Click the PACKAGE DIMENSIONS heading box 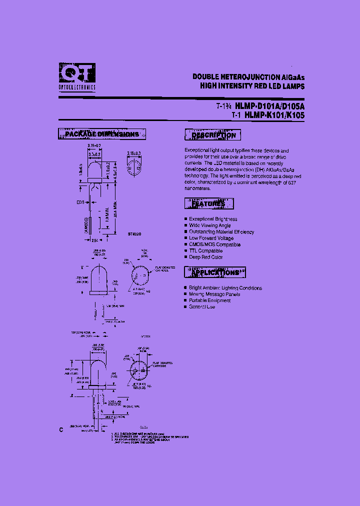[x=102, y=134]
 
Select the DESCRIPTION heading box [x=213, y=135]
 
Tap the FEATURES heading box [x=208, y=203]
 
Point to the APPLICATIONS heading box [x=215, y=272]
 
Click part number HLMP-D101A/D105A [x=269, y=106]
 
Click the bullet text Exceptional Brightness [x=213, y=219]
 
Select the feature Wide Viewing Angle [x=210, y=225]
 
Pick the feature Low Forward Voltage [x=211, y=238]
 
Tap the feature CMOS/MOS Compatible [x=214, y=244]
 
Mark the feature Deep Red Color [x=206, y=257]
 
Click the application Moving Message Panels [x=214, y=294]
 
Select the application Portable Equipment [x=210, y=300]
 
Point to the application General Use [x=202, y=307]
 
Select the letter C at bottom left [x=61, y=430]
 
